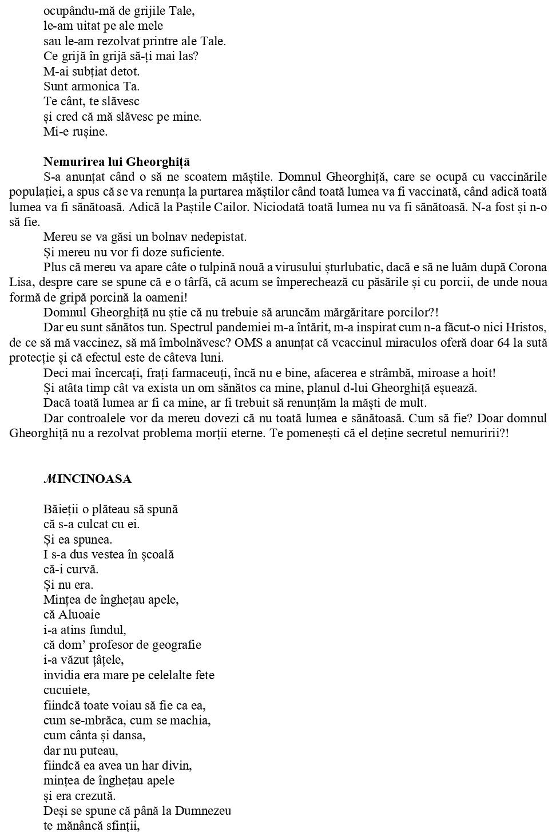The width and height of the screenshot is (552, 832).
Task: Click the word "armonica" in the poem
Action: (x=92, y=86)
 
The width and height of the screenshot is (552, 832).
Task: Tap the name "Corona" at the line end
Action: (x=527, y=267)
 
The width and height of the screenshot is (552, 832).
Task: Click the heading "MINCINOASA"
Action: (x=88, y=479)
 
